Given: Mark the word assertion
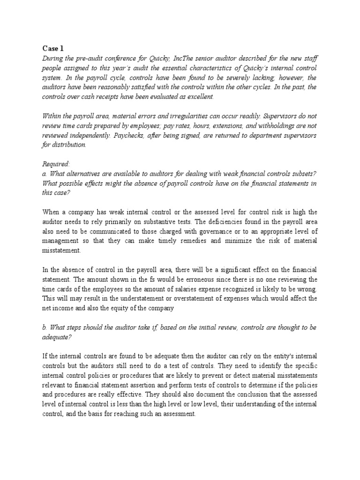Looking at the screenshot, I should click(141, 386).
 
